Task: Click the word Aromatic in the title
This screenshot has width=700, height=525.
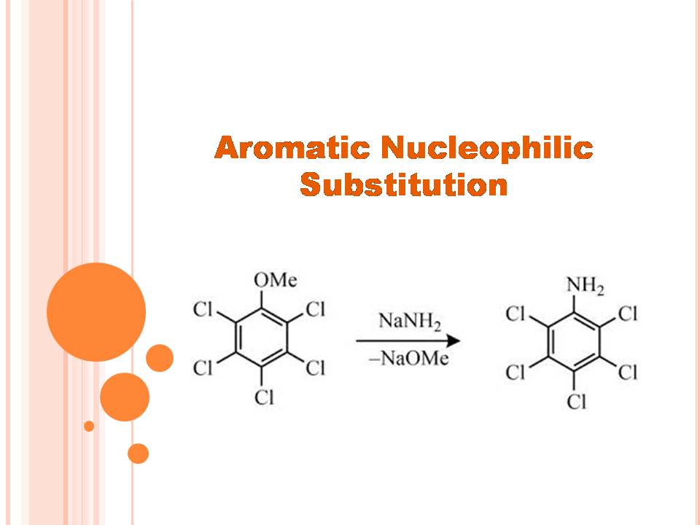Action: (292, 148)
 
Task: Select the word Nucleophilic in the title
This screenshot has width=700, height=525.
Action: (487, 148)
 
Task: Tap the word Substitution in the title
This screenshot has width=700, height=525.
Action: (403, 184)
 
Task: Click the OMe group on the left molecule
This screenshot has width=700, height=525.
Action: (275, 280)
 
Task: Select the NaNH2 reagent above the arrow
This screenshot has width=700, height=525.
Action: (409, 321)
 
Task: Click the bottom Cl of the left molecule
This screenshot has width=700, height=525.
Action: (264, 398)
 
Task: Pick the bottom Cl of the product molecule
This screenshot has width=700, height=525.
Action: (576, 402)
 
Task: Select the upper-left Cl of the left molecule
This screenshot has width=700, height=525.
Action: (203, 310)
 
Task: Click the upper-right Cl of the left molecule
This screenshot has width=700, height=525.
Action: (316, 310)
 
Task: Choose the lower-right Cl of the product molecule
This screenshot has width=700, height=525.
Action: (628, 373)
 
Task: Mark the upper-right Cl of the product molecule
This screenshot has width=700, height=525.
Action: (628, 314)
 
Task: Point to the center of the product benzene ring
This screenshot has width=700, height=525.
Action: (575, 343)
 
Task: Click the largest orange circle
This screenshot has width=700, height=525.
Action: (96, 312)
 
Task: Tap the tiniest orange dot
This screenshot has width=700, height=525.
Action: (89, 426)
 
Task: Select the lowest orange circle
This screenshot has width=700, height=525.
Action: (138, 454)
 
